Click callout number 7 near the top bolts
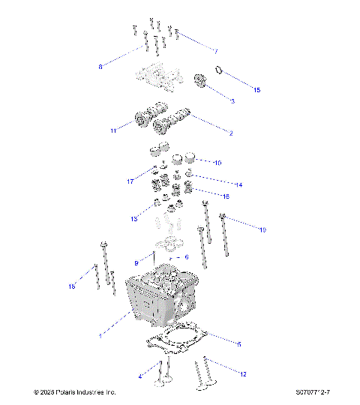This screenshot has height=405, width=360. pyautogui.click(x=216, y=52)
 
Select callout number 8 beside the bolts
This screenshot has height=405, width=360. pyautogui.click(x=100, y=67)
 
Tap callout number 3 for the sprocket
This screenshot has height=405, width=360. pyautogui.click(x=232, y=100)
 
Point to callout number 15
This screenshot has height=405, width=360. pyautogui.click(x=256, y=90)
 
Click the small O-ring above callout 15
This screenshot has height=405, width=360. pyautogui.click(x=219, y=70)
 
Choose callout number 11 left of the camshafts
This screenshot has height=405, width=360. pyautogui.click(x=113, y=130)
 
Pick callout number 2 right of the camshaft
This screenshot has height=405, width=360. pyautogui.click(x=230, y=133)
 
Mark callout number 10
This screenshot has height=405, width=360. pyautogui.click(x=217, y=162)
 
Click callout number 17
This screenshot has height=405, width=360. pyautogui.click(x=130, y=181)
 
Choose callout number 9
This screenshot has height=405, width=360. pyautogui.click(x=136, y=262)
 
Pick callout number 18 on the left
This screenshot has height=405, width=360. pyautogui.click(x=72, y=286)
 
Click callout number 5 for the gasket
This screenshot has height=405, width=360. pyautogui.click(x=238, y=344)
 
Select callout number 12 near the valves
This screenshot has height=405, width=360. pyautogui.click(x=243, y=373)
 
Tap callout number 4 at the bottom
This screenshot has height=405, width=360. pyautogui.click(x=139, y=375)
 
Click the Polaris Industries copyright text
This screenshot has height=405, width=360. pyautogui.click(x=75, y=392)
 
